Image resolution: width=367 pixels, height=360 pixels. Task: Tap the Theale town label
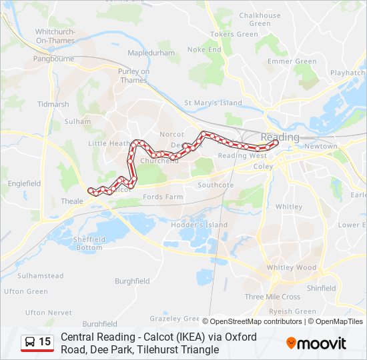(71, 201)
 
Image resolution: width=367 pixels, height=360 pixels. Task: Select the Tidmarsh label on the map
(53, 104)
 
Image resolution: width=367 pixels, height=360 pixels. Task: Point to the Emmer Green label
(292, 61)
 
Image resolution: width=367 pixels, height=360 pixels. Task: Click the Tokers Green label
(234, 34)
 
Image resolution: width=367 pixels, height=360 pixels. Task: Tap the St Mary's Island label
(213, 103)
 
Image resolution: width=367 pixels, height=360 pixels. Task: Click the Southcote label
(216, 185)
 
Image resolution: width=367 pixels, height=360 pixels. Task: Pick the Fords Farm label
(163, 197)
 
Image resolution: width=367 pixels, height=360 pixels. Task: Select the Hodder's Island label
(200, 225)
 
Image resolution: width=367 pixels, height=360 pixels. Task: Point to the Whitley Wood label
(292, 267)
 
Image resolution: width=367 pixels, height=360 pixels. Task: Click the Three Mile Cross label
(272, 297)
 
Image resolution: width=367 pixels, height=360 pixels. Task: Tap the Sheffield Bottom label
(89, 243)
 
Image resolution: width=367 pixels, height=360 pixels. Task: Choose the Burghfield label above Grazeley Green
(132, 281)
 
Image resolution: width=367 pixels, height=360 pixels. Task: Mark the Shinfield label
(322, 288)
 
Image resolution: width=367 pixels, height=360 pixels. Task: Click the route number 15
(45, 342)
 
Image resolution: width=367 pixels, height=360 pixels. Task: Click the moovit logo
(316, 343)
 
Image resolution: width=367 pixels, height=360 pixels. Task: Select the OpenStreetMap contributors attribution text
(256, 321)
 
